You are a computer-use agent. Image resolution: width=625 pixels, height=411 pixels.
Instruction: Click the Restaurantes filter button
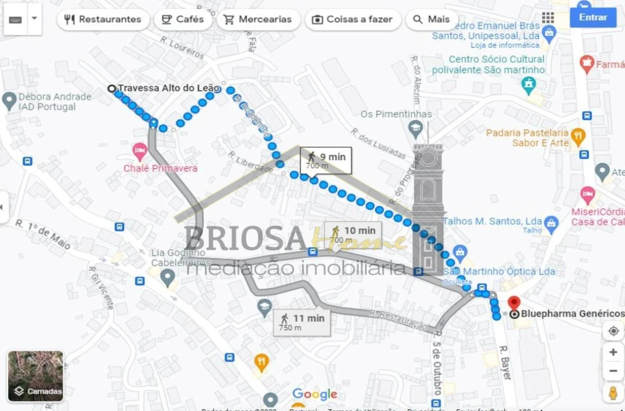[x=103, y=19]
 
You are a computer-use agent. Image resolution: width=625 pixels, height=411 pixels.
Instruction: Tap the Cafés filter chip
[x=183, y=19]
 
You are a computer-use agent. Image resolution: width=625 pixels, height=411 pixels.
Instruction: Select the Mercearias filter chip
[x=258, y=19]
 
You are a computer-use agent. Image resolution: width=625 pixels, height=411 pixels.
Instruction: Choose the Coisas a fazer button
[x=352, y=19]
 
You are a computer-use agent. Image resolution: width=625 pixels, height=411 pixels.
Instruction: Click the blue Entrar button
[x=592, y=17]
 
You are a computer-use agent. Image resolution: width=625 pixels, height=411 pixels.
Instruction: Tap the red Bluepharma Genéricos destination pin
[x=514, y=303]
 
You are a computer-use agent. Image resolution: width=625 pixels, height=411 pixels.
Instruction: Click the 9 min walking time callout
[x=326, y=160]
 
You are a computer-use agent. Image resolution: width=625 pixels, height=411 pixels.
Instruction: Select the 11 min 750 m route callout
[x=302, y=322]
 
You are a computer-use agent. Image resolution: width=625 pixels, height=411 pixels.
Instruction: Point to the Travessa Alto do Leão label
[x=168, y=88]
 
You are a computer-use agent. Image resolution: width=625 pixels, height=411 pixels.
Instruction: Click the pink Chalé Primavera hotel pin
[x=140, y=152]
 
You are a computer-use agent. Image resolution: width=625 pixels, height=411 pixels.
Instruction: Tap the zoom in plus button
[x=613, y=352]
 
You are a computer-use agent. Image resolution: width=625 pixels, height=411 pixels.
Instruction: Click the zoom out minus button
[x=613, y=372]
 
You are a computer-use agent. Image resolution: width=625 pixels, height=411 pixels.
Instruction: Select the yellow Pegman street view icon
[x=613, y=393]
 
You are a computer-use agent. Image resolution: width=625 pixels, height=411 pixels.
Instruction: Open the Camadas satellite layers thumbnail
[x=35, y=376]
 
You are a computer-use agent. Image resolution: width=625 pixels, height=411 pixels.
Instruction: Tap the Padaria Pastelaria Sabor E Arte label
[x=527, y=138]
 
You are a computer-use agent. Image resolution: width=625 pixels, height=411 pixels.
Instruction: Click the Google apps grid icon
[x=548, y=18]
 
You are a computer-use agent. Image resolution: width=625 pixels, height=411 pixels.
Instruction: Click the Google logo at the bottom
[x=314, y=394]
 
